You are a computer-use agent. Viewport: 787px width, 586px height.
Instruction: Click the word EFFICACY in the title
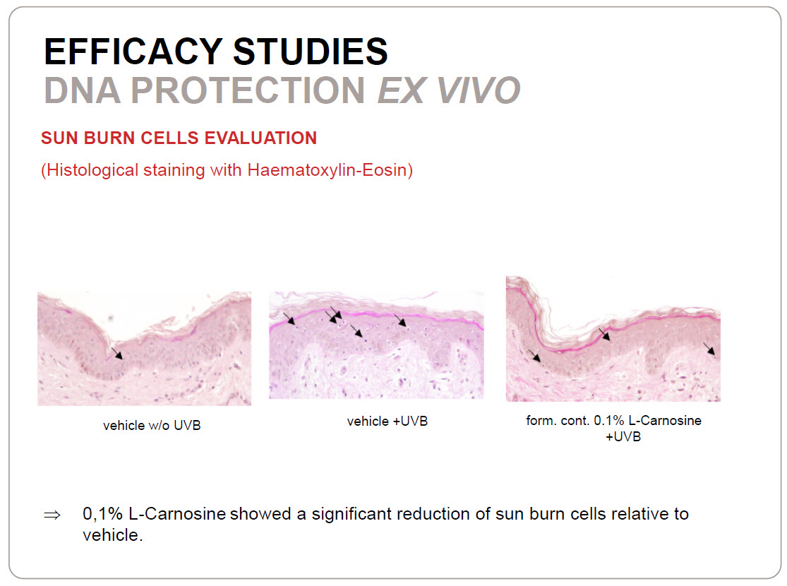pos(133,52)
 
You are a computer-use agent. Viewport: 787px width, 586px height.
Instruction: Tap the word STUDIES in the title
pos(311,52)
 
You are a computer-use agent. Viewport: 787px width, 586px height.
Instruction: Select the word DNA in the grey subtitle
pos(83,90)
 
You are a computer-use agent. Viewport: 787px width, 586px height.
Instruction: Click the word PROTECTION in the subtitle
pos(248,90)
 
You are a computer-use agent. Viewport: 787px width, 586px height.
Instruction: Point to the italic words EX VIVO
pos(449,90)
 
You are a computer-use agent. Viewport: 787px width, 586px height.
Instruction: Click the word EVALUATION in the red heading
pos(260,138)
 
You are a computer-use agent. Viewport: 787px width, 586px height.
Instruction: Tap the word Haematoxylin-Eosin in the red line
pos(330,170)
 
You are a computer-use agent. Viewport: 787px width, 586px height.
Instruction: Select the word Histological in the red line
pos(90,170)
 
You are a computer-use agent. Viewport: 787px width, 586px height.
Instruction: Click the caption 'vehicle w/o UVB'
pos(152,425)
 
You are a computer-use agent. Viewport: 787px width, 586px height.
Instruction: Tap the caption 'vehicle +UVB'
pos(388,421)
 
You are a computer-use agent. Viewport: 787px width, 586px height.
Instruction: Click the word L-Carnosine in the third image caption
pos(665,420)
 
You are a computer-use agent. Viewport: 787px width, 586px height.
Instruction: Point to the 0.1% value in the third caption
pos(609,420)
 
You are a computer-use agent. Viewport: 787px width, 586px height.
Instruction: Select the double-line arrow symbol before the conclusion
pos(52,515)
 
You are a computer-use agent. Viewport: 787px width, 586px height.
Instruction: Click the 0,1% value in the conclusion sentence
pos(102,514)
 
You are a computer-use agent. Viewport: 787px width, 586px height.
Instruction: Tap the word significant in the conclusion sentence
pos(352,514)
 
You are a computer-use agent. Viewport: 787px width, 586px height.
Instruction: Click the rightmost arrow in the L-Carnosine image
pos(709,349)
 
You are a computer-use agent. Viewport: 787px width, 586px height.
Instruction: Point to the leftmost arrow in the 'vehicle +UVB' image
pos(289,318)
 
